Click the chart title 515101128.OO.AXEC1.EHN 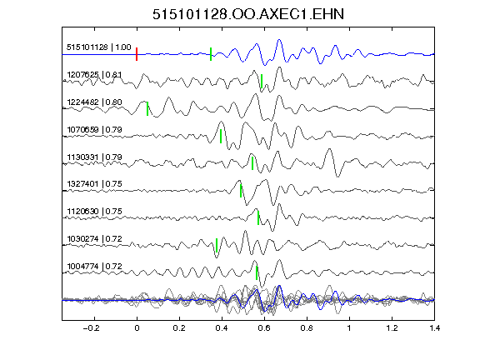248,14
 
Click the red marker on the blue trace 137,54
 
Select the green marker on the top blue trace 211,54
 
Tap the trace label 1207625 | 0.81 94,75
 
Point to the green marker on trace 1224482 147,108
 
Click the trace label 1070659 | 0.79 94,130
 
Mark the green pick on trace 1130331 252,163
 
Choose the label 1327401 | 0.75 94,184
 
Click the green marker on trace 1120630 258,217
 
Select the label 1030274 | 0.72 94,239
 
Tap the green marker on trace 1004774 257,272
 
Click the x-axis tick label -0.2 91,328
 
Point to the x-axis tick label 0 137,328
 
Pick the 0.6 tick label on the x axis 264,328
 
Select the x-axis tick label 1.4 435,328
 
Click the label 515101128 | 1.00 99,47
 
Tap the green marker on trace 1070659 221,136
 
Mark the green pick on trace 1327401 241,191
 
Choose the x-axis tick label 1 349,328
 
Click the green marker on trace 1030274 217,245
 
